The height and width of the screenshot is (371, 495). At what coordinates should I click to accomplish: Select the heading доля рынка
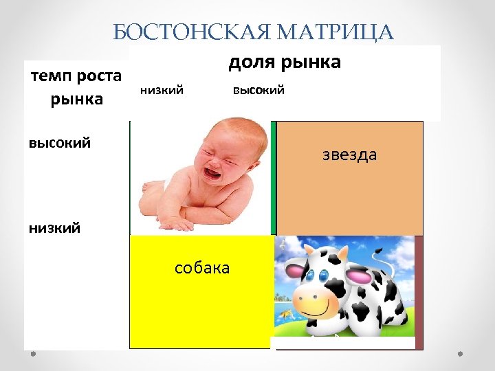[x=284, y=62]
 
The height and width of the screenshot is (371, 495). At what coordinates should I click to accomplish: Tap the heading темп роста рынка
[x=76, y=87]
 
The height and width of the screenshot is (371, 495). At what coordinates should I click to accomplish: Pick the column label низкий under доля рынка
[x=162, y=90]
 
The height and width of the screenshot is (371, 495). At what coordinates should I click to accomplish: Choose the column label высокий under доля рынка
[x=258, y=90]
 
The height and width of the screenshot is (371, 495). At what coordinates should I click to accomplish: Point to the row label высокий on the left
[x=60, y=143]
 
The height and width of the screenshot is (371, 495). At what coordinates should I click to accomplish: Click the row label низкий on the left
[x=54, y=227]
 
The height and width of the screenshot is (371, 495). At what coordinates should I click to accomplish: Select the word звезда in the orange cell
[x=350, y=155]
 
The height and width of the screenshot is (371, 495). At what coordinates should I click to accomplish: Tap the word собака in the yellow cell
[x=202, y=267]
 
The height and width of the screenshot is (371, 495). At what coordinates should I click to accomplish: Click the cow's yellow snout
[x=318, y=300]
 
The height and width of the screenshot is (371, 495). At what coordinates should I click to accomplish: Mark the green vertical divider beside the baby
[x=273, y=179]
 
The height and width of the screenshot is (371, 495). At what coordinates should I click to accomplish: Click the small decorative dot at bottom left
[x=32, y=355]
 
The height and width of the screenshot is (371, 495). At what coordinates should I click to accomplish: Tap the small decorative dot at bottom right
[x=461, y=355]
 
